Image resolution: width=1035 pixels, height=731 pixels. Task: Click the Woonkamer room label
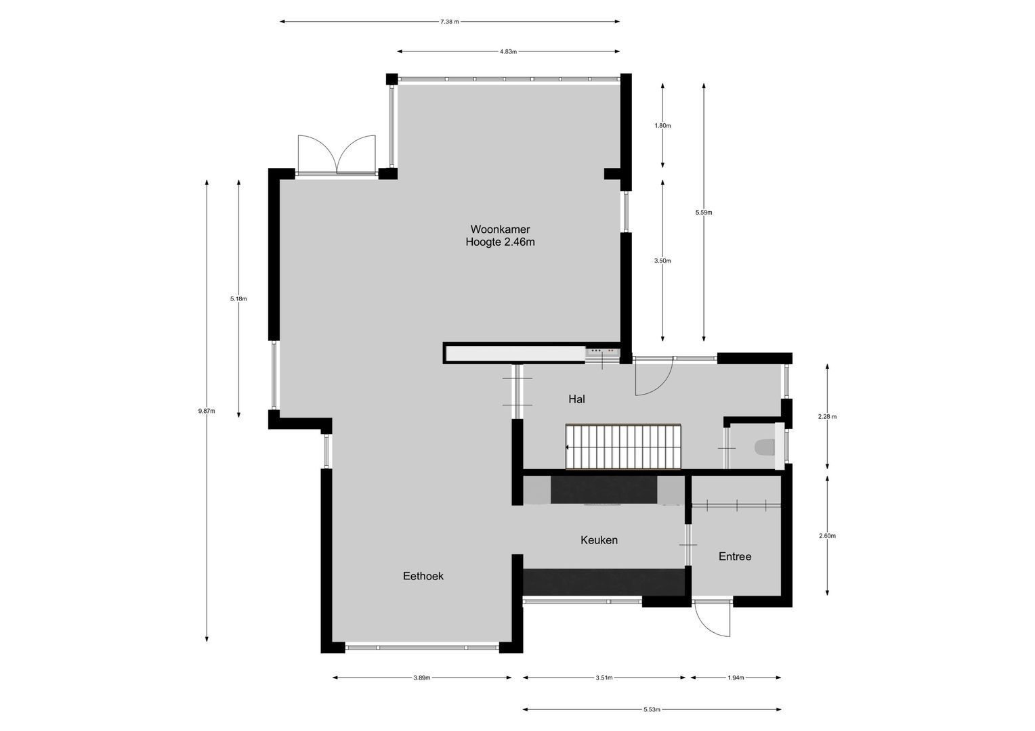tap(500, 229)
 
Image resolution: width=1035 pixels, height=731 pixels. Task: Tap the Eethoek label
tap(423, 576)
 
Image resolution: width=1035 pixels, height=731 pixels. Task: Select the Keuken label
tap(599, 540)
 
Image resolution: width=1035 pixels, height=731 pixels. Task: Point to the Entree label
tap(735, 556)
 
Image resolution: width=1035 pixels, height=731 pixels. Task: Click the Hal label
tap(576, 399)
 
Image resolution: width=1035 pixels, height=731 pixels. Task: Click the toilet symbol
tap(765, 447)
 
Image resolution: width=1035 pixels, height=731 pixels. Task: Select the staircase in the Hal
tap(623, 447)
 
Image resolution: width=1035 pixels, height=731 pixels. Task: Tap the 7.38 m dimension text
tap(449, 22)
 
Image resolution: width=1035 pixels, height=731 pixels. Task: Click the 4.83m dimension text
tap(508, 51)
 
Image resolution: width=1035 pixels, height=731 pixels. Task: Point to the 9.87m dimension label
tap(207, 411)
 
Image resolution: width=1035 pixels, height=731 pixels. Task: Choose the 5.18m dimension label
tap(238, 298)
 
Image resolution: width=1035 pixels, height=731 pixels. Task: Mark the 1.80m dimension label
tap(662, 126)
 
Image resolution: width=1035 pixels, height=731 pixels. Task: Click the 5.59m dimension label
tap(704, 213)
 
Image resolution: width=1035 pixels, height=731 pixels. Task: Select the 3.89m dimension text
tap(421, 678)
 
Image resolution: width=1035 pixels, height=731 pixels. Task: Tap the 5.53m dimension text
tap(652, 710)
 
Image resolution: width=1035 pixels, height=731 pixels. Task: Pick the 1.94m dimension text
tap(736, 678)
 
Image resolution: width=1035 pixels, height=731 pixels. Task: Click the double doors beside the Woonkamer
tap(337, 156)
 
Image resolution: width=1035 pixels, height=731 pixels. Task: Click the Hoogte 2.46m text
tap(500, 242)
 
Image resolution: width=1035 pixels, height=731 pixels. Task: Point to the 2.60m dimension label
tap(827, 536)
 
